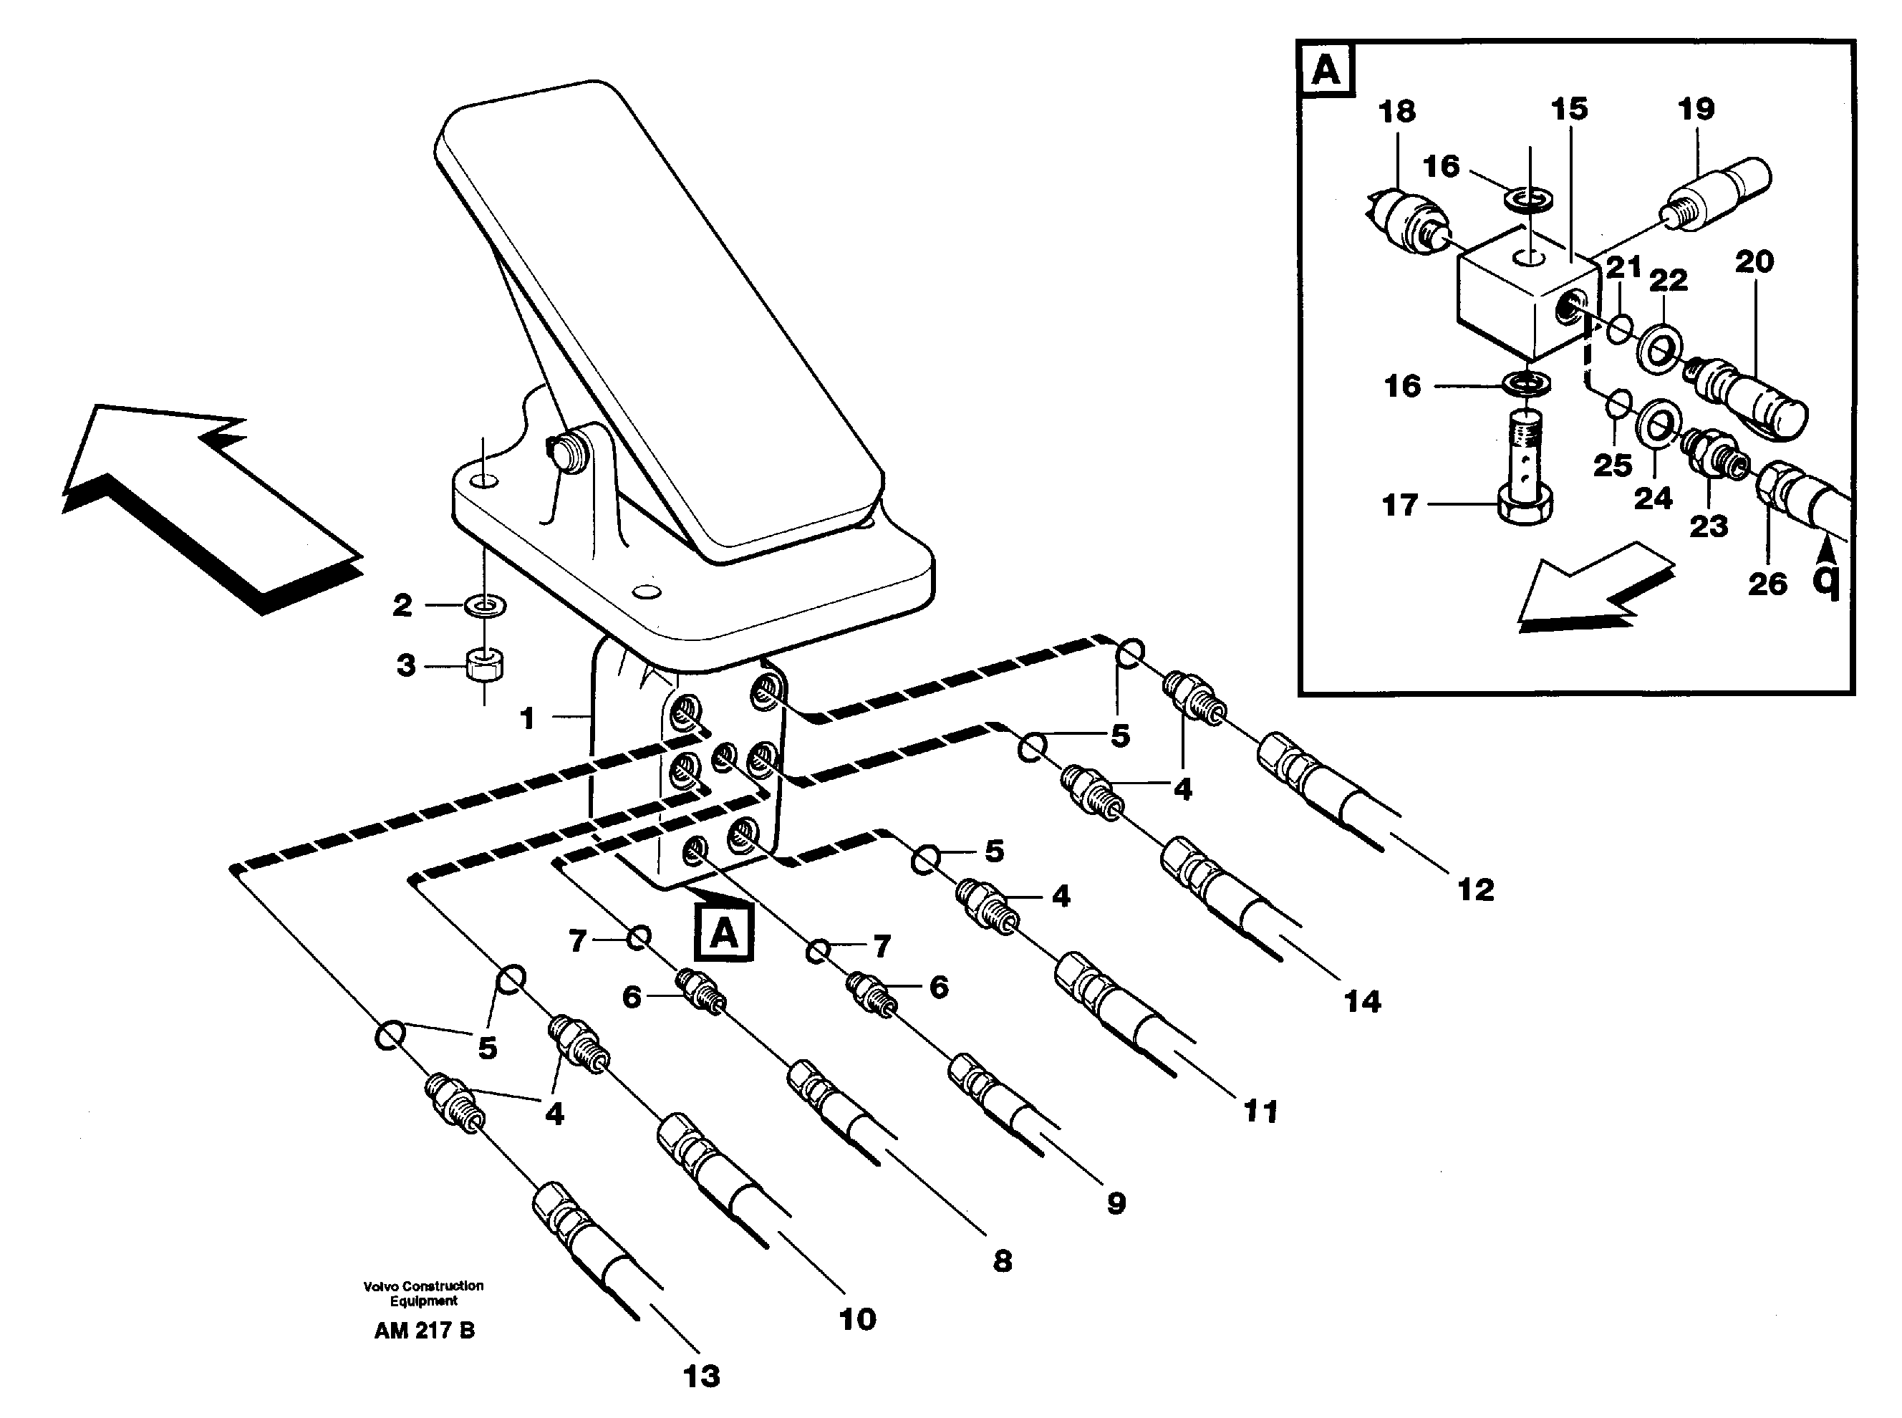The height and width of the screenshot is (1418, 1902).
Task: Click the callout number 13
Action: tap(701, 1376)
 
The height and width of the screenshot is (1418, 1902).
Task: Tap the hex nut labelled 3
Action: tap(485, 665)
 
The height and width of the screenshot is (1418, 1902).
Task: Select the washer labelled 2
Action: tap(485, 605)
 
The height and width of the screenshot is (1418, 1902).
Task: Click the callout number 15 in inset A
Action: tap(1569, 109)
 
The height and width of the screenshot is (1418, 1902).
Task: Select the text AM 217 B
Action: tap(424, 1331)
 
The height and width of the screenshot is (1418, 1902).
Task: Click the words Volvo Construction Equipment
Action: tap(423, 1293)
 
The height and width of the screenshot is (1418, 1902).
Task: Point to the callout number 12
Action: tap(1475, 889)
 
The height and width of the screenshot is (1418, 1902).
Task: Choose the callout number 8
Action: tap(1002, 1261)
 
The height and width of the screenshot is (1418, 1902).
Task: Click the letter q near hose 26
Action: tap(1825, 582)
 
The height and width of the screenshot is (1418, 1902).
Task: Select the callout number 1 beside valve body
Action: tap(527, 718)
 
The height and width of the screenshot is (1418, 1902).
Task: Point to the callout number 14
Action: tap(1362, 1001)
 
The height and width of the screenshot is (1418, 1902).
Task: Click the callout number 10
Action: tap(856, 1318)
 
